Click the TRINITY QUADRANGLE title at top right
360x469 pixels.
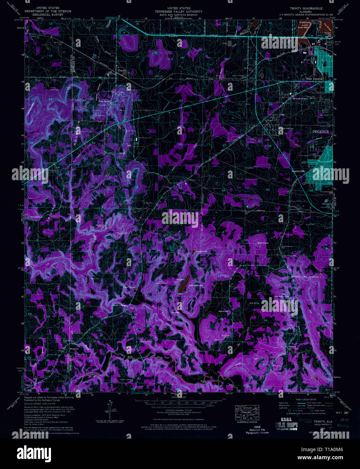(x=306, y=8)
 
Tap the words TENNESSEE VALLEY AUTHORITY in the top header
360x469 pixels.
(x=179, y=11)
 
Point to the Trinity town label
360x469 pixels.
(x=121, y=71)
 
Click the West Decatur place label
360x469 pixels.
(x=314, y=79)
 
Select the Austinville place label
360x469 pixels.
(x=298, y=171)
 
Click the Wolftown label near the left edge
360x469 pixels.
(x=74, y=349)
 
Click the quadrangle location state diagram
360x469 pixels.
(x=247, y=413)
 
